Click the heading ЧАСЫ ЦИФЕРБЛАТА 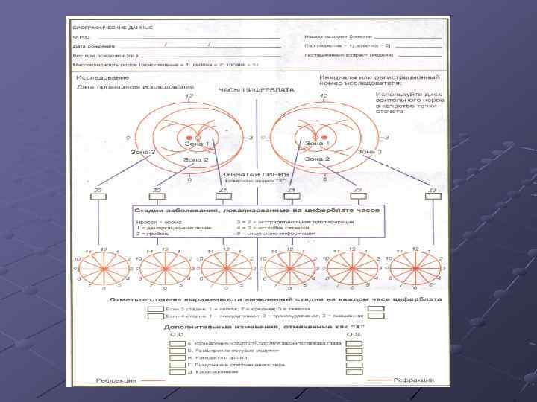click(x=245, y=90)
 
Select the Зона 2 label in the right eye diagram click(x=318, y=159)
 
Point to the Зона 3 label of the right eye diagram click(x=370, y=152)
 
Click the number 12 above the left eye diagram click(x=189, y=97)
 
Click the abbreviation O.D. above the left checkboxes click(x=177, y=335)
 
